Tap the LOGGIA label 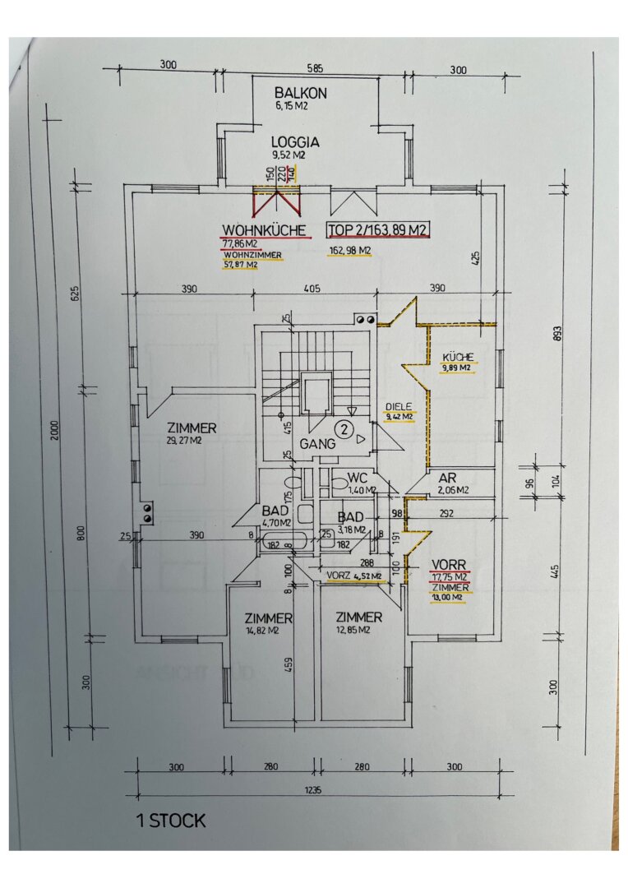(295, 142)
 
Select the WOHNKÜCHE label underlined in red (264, 230)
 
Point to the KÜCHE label (458, 358)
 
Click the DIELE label (399, 407)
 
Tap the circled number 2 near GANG (344, 428)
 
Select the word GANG (317, 444)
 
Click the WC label (358, 479)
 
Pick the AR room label (447, 479)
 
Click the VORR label (449, 565)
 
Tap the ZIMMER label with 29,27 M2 (192, 428)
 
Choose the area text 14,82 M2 (261, 631)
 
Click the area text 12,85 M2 (353, 630)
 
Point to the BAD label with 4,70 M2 (275, 511)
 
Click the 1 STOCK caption (171, 821)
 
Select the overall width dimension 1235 (312, 789)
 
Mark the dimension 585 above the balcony (315, 68)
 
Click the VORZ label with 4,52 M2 (354, 576)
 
